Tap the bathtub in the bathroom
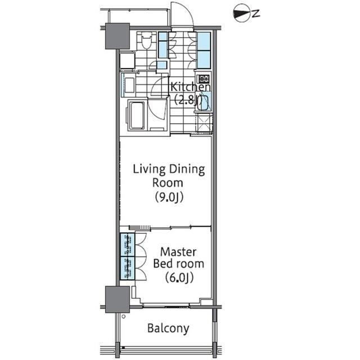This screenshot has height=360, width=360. [x=137, y=115]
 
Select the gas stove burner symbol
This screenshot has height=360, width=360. [x=204, y=79]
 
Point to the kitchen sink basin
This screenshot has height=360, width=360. [x=203, y=102]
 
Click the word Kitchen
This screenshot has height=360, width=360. [x=191, y=87]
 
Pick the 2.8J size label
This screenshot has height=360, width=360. [x=188, y=100]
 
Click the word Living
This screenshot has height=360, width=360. [x=149, y=169]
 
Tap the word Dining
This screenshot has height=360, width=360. [x=187, y=169]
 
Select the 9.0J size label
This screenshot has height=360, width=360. [x=169, y=197]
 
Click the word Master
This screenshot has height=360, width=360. [x=178, y=252]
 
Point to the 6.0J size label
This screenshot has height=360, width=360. [x=179, y=278]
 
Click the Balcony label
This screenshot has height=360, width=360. [x=168, y=328]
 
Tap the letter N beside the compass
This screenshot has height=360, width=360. [x=256, y=13]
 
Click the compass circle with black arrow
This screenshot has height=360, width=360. [x=242, y=13]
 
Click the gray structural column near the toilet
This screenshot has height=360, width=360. [x=118, y=36]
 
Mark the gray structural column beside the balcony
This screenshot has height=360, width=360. [x=118, y=299]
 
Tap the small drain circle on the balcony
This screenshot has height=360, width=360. [x=124, y=317]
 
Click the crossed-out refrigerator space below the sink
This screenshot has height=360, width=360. [x=204, y=123]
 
